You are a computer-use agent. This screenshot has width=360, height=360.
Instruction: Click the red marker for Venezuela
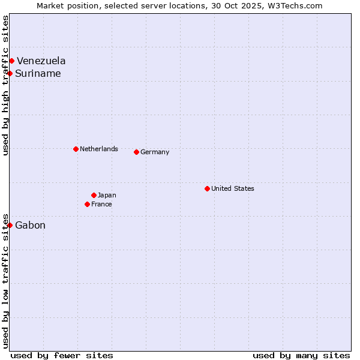11,61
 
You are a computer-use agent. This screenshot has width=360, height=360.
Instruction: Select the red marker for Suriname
10,73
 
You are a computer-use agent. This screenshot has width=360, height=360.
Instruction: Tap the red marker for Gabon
10,225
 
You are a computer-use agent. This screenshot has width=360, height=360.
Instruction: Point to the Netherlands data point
76,149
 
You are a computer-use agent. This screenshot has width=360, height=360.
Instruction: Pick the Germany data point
136,152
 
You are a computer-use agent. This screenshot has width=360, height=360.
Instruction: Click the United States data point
207,188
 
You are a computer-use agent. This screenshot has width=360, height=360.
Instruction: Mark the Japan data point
94,195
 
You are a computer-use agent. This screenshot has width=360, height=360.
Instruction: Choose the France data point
88,204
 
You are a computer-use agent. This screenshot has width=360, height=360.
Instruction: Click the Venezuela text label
41,61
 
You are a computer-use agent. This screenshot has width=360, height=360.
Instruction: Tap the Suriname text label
38,74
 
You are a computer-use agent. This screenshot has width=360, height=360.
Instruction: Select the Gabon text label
30,226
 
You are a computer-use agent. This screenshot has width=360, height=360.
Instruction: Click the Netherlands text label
99,149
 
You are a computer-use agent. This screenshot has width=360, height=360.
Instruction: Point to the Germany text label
155,152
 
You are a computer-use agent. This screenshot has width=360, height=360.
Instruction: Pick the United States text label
233,188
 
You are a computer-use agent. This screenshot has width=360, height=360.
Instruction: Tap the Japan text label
107,195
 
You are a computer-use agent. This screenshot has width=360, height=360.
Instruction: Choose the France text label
101,204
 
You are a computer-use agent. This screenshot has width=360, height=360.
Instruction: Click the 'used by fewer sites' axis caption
62,355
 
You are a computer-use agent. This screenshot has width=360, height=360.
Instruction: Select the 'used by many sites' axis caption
301,355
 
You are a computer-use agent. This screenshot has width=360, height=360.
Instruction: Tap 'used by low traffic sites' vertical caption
5,280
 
